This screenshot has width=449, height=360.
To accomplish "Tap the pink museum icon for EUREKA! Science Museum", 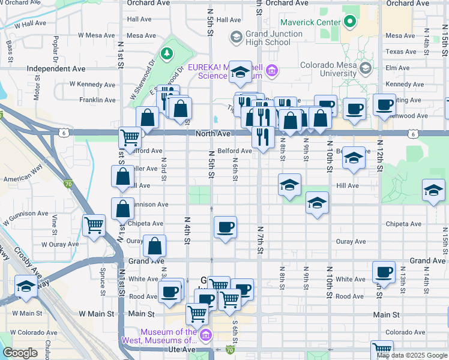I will pyautogui.click(x=272, y=71).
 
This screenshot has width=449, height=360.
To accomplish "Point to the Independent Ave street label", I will pyautogui.click(x=56, y=69).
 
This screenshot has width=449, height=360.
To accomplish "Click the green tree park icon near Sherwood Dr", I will pyautogui.click(x=166, y=53).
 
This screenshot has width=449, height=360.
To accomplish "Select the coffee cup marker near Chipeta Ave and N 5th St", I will pyautogui.click(x=225, y=227).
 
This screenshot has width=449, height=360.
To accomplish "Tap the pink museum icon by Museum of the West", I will pyautogui.click(x=206, y=334).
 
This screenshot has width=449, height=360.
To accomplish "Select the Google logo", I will pyautogui.click(x=20, y=353).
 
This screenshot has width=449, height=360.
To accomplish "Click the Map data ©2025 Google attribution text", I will pyautogui.click(x=412, y=355).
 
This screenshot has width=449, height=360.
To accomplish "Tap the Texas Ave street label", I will pyautogui.click(x=401, y=52).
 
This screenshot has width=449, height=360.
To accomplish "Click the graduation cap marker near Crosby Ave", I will pyautogui.click(x=27, y=287).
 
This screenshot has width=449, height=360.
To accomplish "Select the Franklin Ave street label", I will pyautogui.click(x=97, y=100).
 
